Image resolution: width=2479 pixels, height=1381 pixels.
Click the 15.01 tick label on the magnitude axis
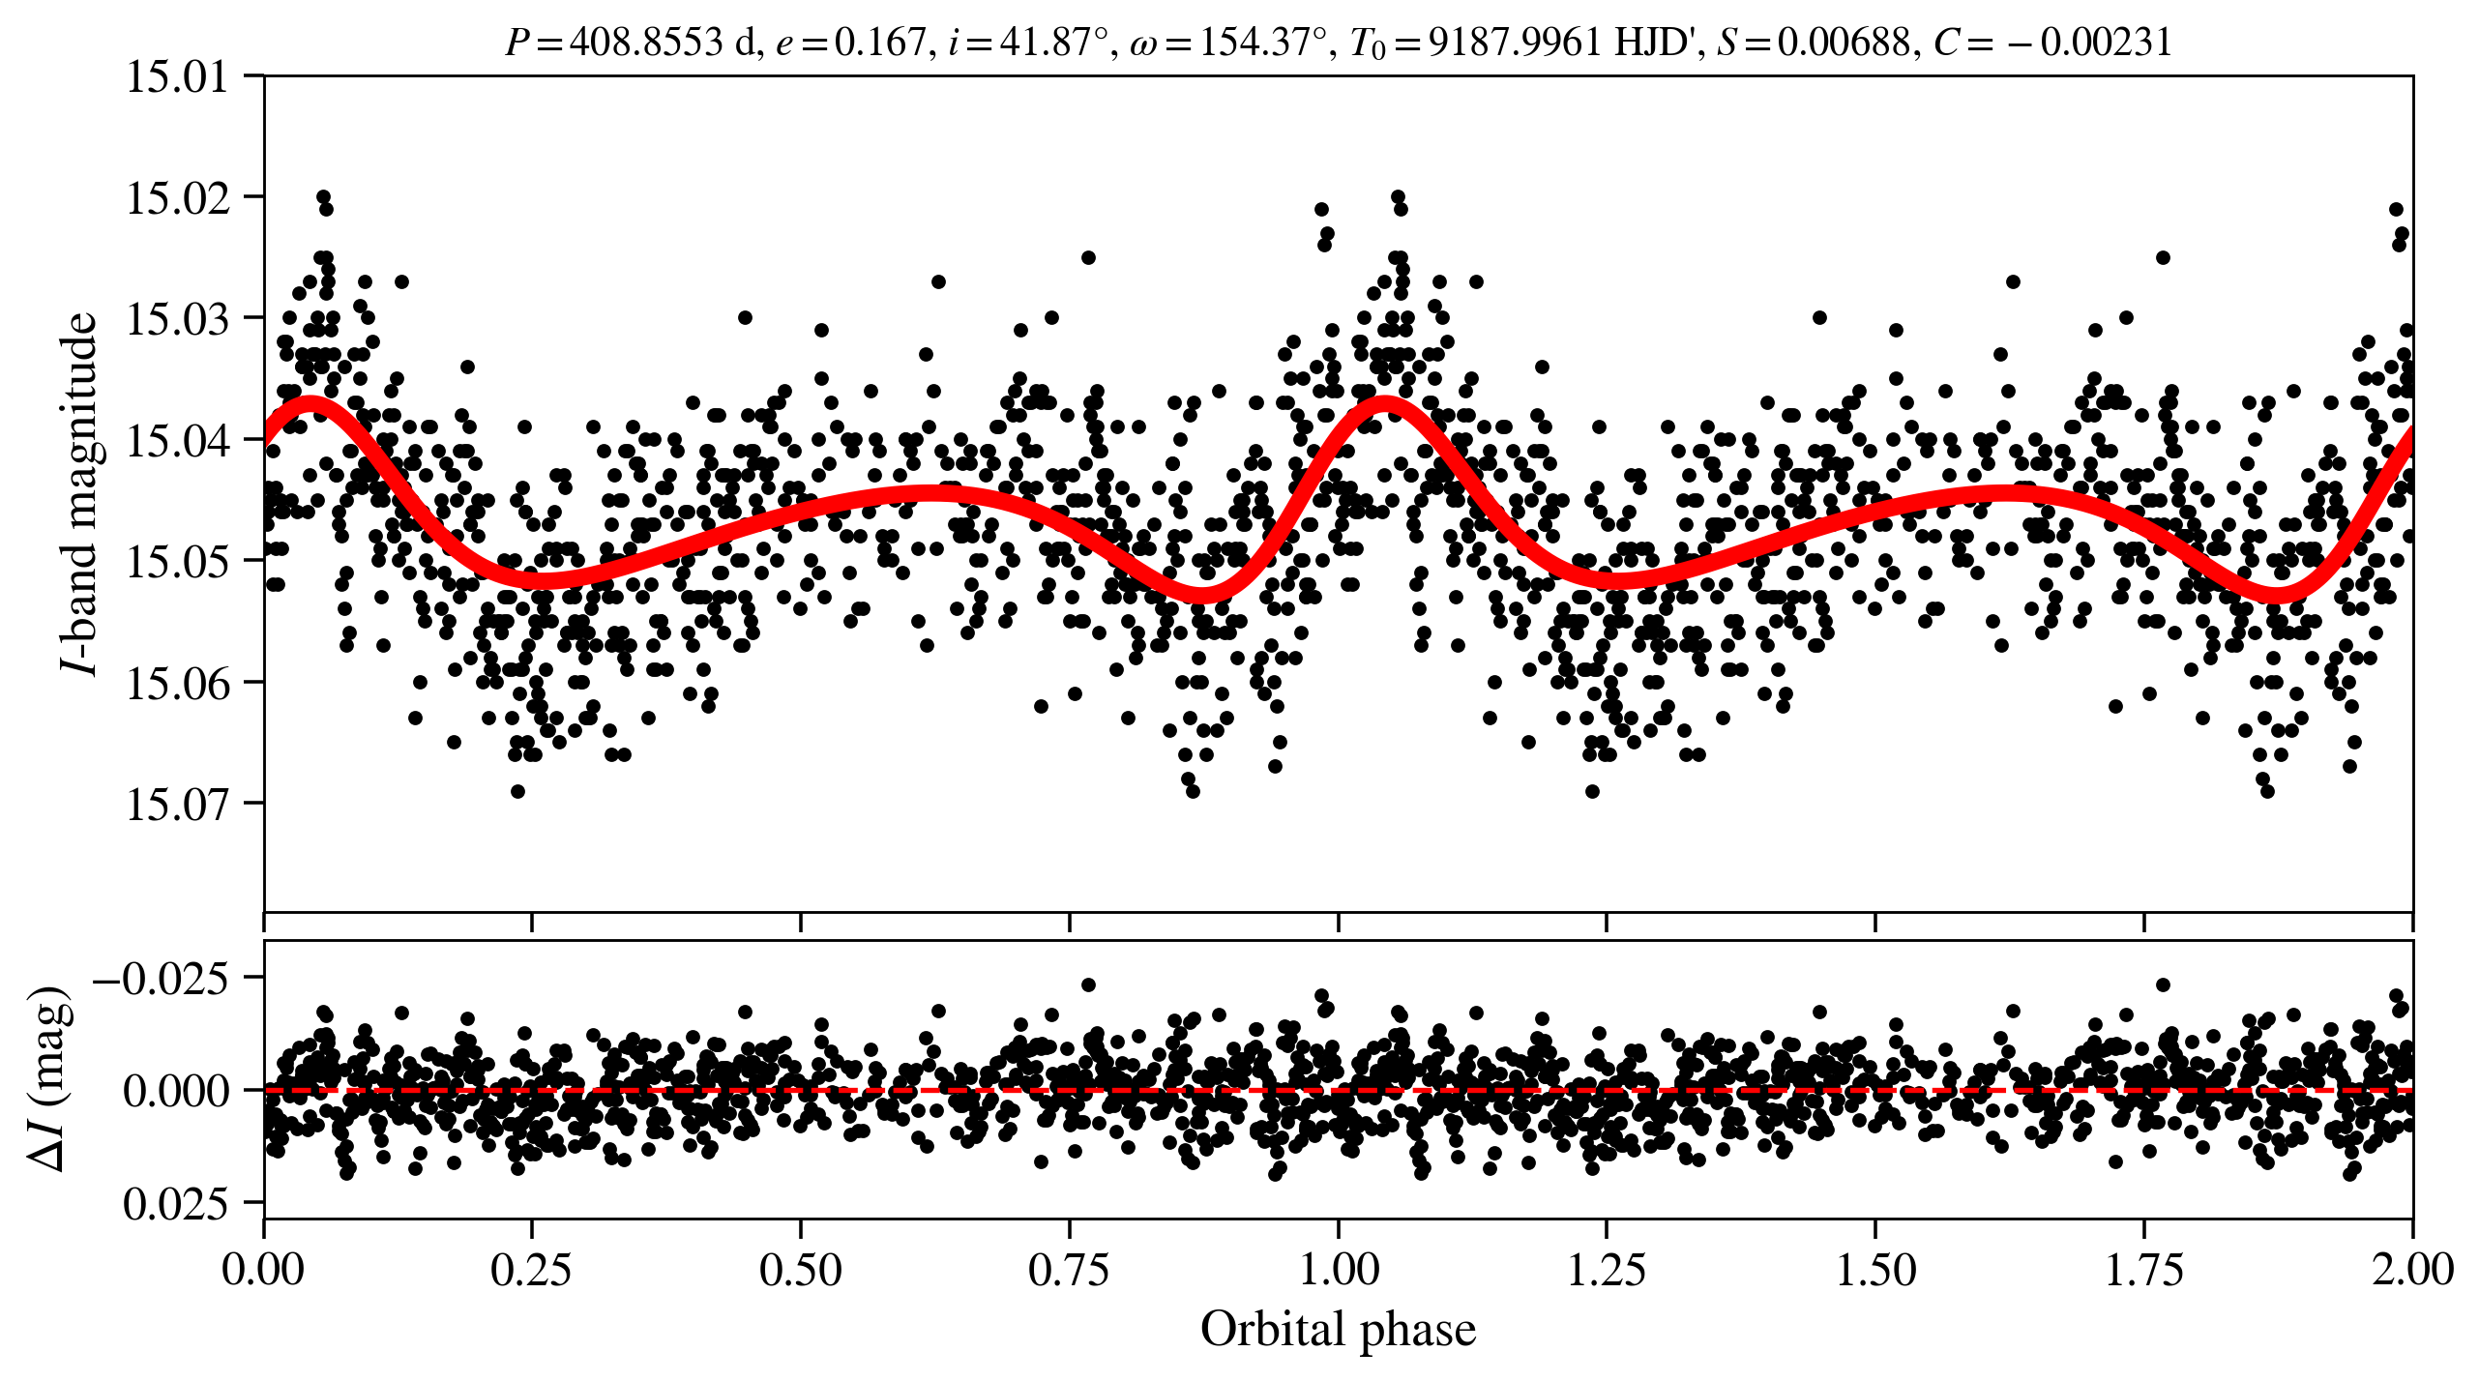click(x=178, y=76)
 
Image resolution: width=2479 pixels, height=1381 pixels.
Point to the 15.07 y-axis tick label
click(x=178, y=804)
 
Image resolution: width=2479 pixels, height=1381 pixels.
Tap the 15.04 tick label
click(x=178, y=440)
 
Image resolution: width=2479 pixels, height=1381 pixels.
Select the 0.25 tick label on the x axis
click(x=531, y=1270)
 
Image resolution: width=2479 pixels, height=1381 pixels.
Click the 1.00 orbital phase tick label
click(x=1338, y=1270)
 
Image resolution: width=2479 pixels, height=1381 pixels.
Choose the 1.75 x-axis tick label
click(x=2143, y=1270)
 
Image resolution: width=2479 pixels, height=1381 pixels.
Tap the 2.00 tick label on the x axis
click(x=2411, y=1270)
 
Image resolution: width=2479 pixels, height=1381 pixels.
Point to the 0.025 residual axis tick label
click(x=175, y=1204)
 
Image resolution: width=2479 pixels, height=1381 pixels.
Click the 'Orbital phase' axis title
click(x=1338, y=1330)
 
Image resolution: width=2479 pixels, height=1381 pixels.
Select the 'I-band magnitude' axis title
click(x=81, y=493)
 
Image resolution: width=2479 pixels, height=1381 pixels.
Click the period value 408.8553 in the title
click(x=646, y=43)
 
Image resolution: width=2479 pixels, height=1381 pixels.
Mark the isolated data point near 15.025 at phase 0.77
click(x=1088, y=257)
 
